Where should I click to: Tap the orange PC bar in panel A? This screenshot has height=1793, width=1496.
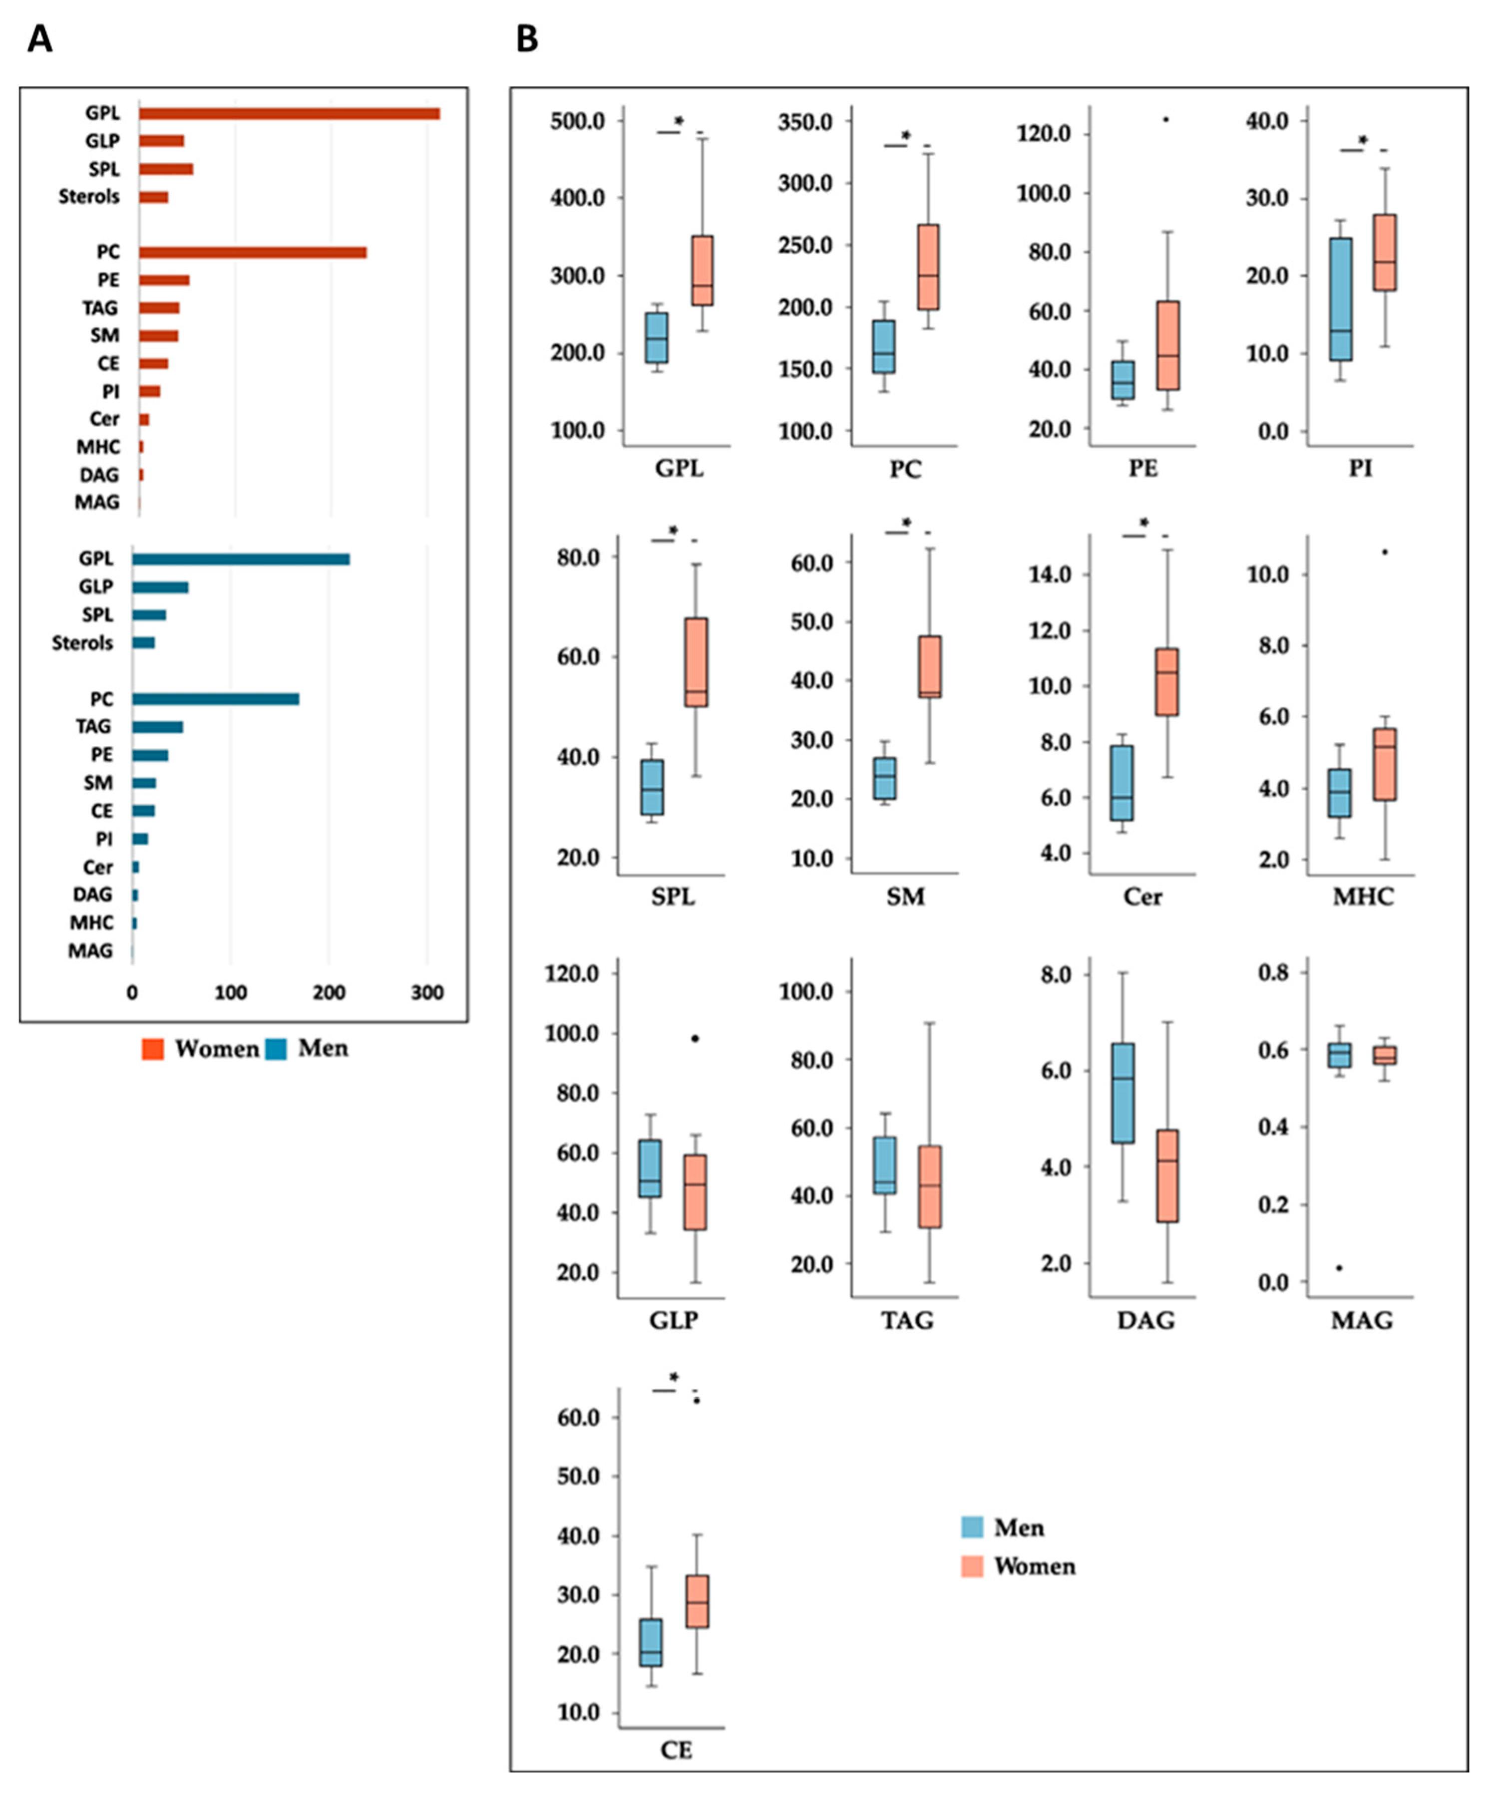(253, 253)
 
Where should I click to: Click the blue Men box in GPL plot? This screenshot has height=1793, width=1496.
(657, 338)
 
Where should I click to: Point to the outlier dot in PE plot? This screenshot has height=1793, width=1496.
(1165, 119)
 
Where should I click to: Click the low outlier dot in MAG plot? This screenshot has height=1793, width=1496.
(1339, 1268)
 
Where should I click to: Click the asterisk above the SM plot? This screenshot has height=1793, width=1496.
(907, 524)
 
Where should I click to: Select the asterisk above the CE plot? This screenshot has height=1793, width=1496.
(674, 1377)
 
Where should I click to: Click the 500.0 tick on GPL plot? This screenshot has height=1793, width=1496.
(578, 121)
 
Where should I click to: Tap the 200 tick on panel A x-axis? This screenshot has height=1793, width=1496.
(329, 993)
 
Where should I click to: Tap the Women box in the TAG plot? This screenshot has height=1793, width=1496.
(930, 1187)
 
